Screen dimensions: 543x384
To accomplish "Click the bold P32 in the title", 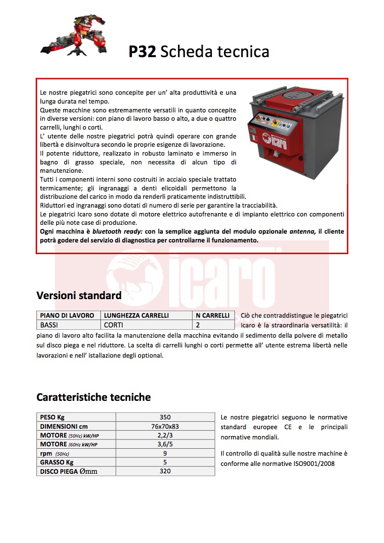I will [142, 52].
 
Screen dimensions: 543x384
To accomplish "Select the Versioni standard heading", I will [79, 295].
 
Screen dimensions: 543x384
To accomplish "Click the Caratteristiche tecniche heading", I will [93, 397].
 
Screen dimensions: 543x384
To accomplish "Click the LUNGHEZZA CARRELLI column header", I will [136, 315].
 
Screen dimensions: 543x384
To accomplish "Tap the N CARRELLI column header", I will [213, 315].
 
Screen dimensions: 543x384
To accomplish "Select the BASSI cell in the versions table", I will [49, 325].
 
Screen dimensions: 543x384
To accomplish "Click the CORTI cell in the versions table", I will [113, 325].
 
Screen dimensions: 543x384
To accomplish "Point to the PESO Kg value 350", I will [165, 417].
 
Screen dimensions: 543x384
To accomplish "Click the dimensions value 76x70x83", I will [165, 426].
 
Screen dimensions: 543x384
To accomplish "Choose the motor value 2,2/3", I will [165, 435].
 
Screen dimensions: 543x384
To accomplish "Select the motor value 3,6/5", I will [165, 445].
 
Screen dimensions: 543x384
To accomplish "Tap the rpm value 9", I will [165, 453].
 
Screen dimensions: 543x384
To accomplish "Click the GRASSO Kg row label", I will [57, 462].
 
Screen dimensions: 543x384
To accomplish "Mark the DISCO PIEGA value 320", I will [165, 471].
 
